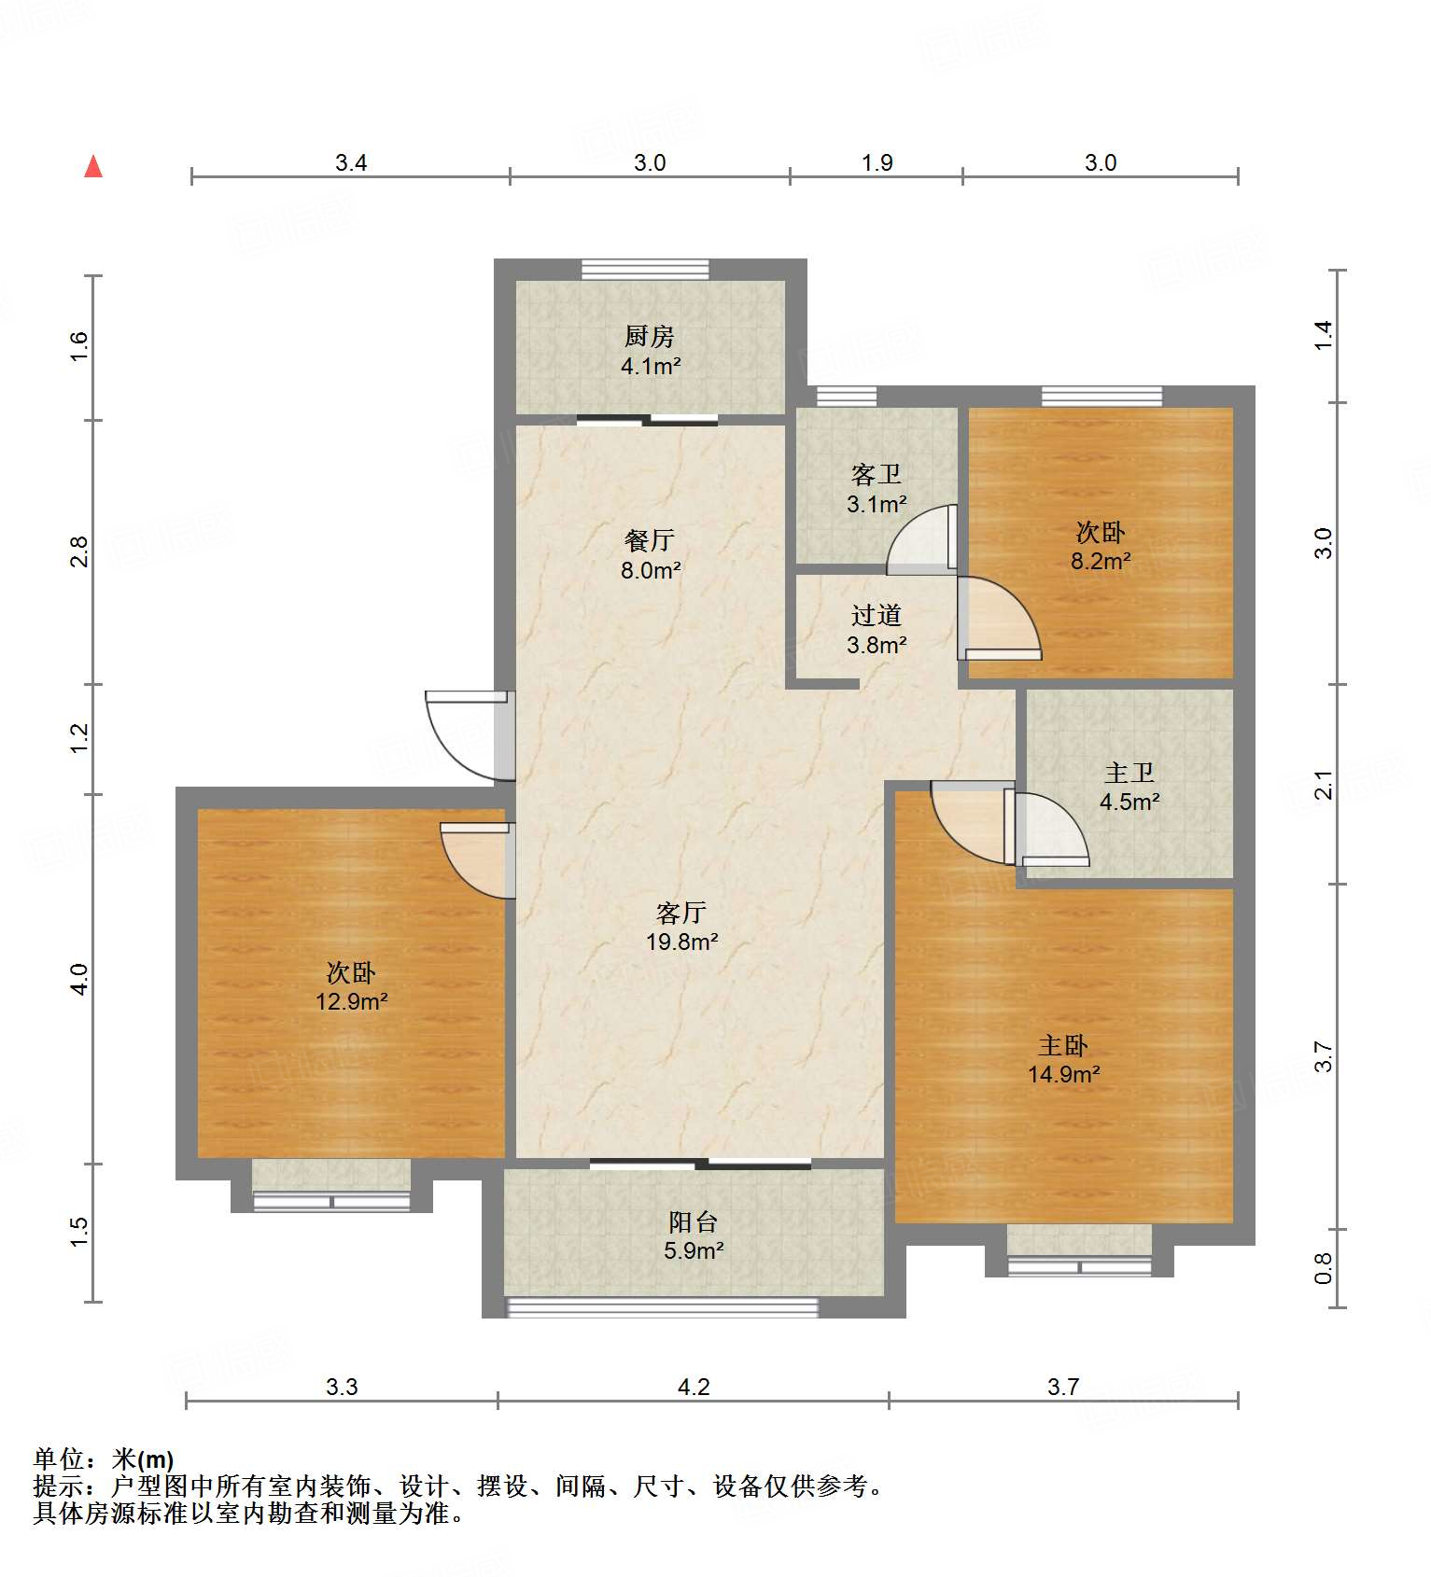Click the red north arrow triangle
point(93,167)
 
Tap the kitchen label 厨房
point(650,336)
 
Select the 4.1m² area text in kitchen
point(650,366)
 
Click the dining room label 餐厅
point(650,540)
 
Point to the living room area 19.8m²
point(682,942)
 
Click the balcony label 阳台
point(693,1221)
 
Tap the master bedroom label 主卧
point(1063,1045)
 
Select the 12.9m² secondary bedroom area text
point(351,1001)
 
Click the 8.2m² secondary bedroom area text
point(1101,561)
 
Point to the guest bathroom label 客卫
point(876,475)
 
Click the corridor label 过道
point(876,615)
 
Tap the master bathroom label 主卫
point(1129,773)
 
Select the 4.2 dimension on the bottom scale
point(693,1387)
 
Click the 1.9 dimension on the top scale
point(877,162)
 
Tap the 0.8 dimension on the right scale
point(1323,1267)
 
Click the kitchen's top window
point(644,270)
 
